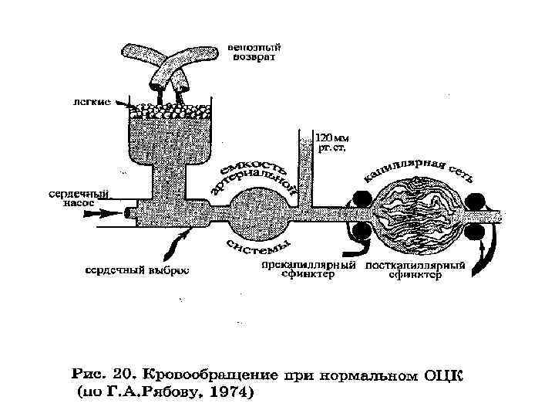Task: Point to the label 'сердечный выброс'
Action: click(136, 271)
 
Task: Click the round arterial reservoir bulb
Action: click(251, 209)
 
